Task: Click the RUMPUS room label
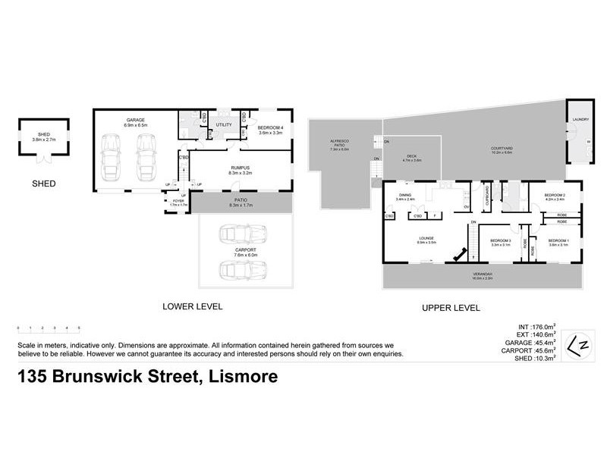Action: pos(241,170)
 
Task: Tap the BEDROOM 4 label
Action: pos(271,129)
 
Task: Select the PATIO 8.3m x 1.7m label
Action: pos(241,201)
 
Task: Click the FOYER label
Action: pos(178,202)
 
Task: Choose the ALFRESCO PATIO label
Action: pos(339,148)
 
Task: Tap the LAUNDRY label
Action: pos(581,119)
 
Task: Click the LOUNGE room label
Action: pos(425,241)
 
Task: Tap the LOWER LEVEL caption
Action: pos(192,307)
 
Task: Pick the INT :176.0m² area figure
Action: pos(539,328)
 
